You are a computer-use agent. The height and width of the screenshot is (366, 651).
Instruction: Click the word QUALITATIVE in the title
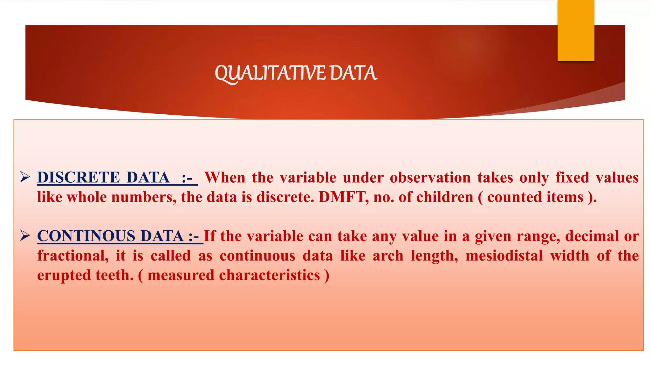(x=270, y=73)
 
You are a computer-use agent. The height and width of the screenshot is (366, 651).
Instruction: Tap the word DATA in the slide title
(x=353, y=73)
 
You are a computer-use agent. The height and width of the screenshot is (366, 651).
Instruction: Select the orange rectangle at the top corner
(x=576, y=30)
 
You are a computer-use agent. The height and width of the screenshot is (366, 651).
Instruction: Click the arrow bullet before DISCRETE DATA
(x=25, y=177)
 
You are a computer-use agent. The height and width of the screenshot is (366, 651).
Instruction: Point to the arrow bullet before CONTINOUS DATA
(x=25, y=235)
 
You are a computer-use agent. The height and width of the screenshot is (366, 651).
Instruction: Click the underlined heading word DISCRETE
(x=79, y=177)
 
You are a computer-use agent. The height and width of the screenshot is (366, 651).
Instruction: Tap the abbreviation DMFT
(x=341, y=197)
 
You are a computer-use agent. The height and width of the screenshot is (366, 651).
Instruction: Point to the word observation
(x=430, y=177)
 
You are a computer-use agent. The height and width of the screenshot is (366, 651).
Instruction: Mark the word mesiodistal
(x=504, y=256)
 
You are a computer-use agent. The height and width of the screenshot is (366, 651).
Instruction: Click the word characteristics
(x=269, y=275)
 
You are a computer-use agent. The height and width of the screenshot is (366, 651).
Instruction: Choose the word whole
(x=86, y=197)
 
